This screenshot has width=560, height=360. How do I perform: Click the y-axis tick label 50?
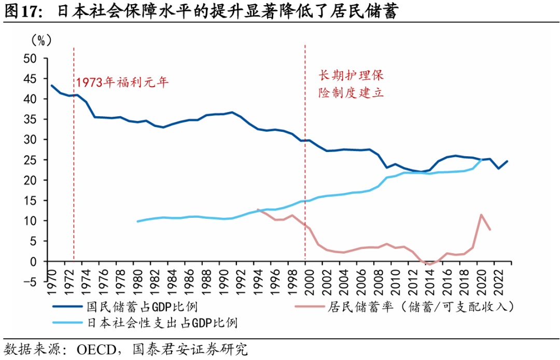click(32, 58)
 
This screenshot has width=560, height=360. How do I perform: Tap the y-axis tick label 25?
click(32, 160)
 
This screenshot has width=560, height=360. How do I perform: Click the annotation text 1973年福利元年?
click(123, 82)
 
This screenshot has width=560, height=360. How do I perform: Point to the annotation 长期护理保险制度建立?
click(351, 84)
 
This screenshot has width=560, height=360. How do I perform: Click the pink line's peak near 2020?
click(482, 214)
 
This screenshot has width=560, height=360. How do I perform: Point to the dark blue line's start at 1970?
click(51, 85)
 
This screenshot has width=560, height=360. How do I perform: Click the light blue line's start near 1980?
click(137, 221)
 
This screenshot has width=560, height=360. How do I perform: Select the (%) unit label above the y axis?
click(41, 40)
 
